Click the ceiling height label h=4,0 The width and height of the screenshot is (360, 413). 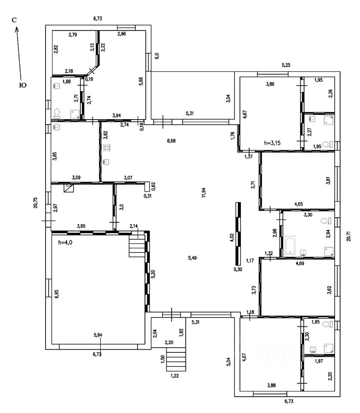click(x=65, y=242)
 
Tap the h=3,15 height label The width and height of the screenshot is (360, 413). click(x=273, y=144)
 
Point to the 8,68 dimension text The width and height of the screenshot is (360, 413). click(x=171, y=140)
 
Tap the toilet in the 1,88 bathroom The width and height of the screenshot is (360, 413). click(x=57, y=113)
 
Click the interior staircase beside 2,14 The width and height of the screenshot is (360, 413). click(x=137, y=247)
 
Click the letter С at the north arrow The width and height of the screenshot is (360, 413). click(x=14, y=20)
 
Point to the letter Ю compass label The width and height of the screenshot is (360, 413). click(x=23, y=86)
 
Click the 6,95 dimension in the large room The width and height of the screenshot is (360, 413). click(x=56, y=293)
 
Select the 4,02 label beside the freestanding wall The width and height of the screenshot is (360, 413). click(x=232, y=238)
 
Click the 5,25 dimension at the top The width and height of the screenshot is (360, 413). click(x=286, y=65)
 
